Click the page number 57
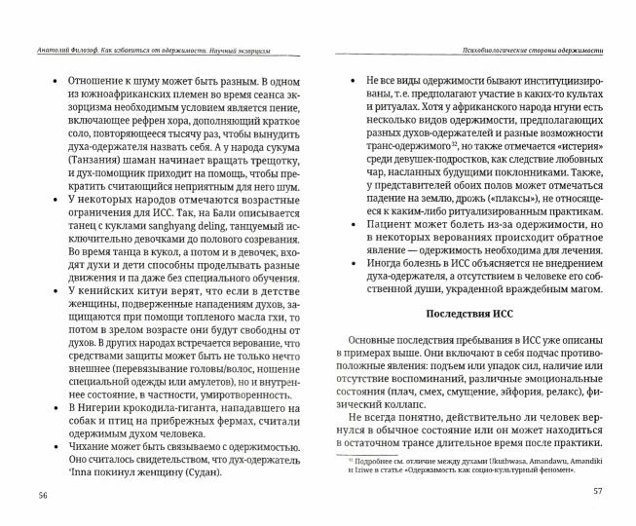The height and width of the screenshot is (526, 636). click(598, 489)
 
